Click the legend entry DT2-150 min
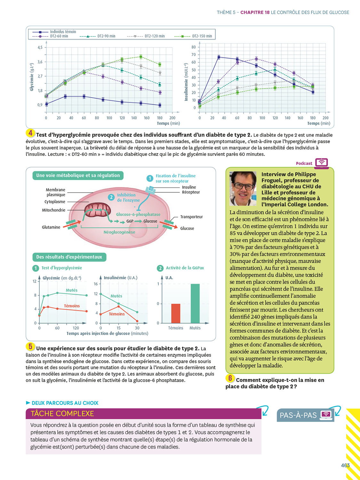[x=202, y=36]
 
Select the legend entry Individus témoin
[x=63, y=32]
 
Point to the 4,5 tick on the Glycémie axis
[x=40, y=47]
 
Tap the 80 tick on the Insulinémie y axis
[x=194, y=47]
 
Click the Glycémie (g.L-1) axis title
[x=32, y=77]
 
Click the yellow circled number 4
[x=30, y=133]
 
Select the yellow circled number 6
[x=230, y=378]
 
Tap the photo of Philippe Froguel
[x=243, y=188]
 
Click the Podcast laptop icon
[x=322, y=163]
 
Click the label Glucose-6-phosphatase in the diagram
[x=138, y=214]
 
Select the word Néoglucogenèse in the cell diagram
[x=119, y=232]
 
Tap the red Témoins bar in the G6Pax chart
[x=176, y=313]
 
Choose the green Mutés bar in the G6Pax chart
[x=195, y=303]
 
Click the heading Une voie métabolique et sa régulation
[x=78, y=175]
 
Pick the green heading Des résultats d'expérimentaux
[x=69, y=257]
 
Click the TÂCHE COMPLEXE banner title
[x=62, y=413]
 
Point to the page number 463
[x=345, y=465]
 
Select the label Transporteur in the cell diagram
[x=191, y=217]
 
